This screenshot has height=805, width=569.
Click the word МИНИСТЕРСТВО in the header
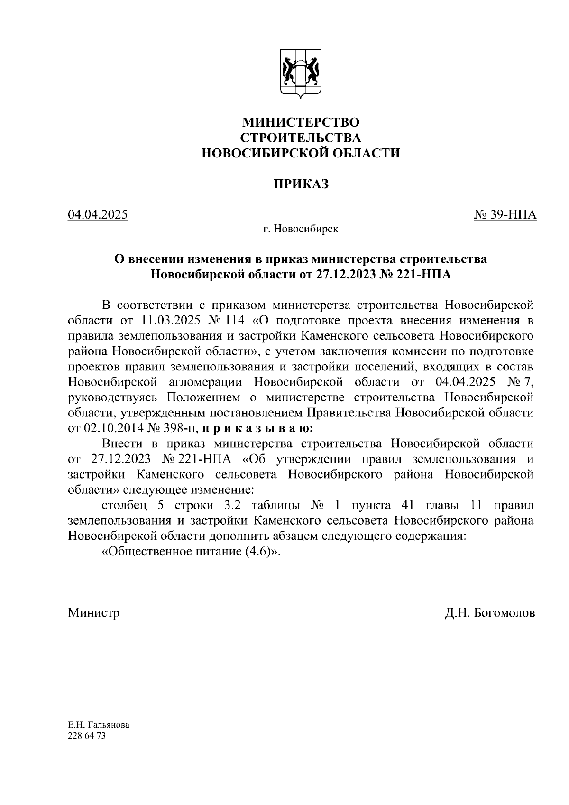[x=301, y=122]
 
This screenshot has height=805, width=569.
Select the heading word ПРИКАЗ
[x=301, y=184]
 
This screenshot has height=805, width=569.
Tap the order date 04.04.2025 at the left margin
[x=98, y=215]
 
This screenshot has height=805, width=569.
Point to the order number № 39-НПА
[x=505, y=215]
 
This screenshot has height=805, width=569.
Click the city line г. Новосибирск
[x=301, y=230]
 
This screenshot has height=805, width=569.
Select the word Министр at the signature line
[x=93, y=613]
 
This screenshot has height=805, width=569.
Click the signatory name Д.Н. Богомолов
[x=490, y=613]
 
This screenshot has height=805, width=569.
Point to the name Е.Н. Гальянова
[x=98, y=726]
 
